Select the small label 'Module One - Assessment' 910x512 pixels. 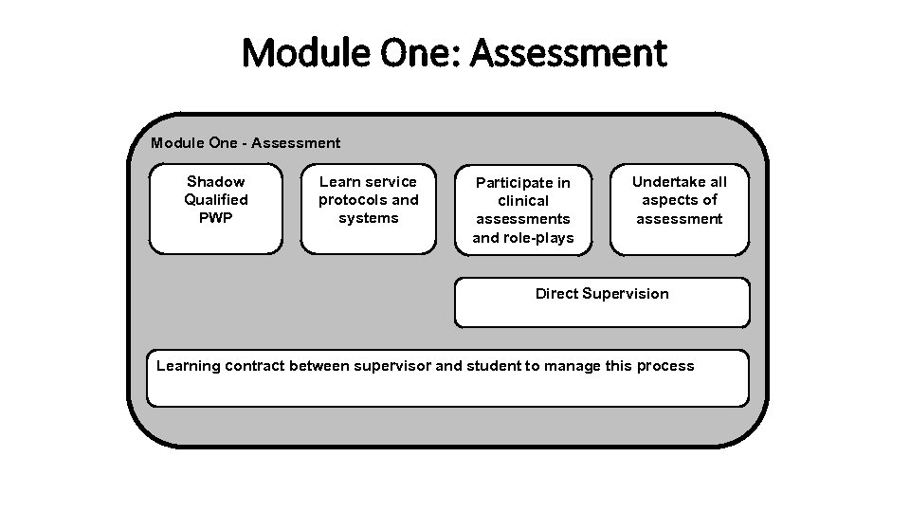pyautogui.click(x=246, y=143)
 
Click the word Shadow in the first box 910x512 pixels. pyautogui.click(x=216, y=181)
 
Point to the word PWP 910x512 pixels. pyautogui.click(x=216, y=218)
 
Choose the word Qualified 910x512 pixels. pyautogui.click(x=216, y=200)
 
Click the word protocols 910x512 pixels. pyautogui.click(x=353, y=200)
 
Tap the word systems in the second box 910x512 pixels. pyautogui.click(x=369, y=218)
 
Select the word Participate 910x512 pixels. pyautogui.click(x=523, y=182)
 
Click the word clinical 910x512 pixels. pyautogui.click(x=523, y=201)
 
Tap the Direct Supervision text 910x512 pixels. pyautogui.click(x=602, y=294)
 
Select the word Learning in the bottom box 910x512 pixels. pyautogui.click(x=188, y=366)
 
